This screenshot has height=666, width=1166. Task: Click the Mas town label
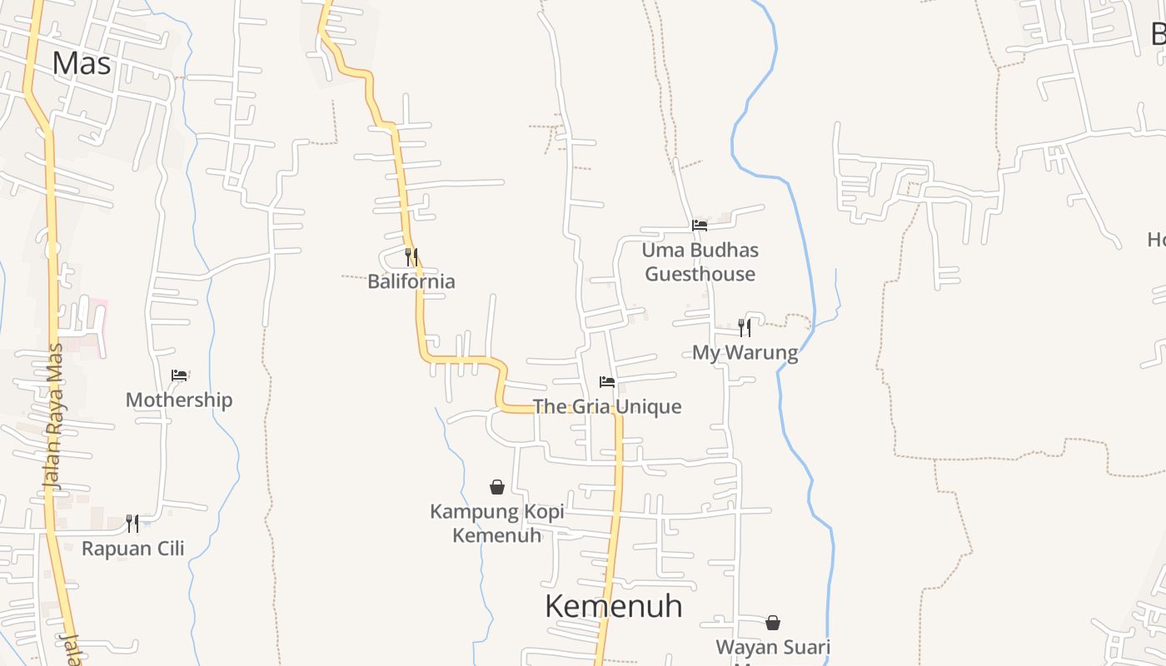81,63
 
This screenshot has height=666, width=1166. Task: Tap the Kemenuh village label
614,606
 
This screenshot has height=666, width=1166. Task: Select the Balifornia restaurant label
411,281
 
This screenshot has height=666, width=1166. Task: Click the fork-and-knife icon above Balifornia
411,256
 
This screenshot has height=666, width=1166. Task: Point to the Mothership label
179,400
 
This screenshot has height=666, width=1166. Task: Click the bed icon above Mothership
179,375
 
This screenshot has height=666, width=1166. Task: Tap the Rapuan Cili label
133,549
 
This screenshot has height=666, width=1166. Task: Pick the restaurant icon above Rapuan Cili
132,523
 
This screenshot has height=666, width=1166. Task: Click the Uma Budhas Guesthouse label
700,261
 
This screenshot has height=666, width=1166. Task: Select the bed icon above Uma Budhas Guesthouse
700,225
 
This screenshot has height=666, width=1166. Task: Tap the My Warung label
745,353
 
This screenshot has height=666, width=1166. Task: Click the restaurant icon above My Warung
745,327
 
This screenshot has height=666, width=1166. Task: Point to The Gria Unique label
606,407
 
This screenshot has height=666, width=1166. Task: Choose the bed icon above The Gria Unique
607,382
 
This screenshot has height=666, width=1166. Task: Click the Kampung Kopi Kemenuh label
497,523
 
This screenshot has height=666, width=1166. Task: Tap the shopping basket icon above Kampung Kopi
497,487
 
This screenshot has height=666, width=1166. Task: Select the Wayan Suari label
773,648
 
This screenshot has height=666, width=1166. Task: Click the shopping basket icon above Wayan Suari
773,623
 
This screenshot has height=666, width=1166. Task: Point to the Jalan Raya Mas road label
53,416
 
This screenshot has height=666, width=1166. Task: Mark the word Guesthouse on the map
700,274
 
